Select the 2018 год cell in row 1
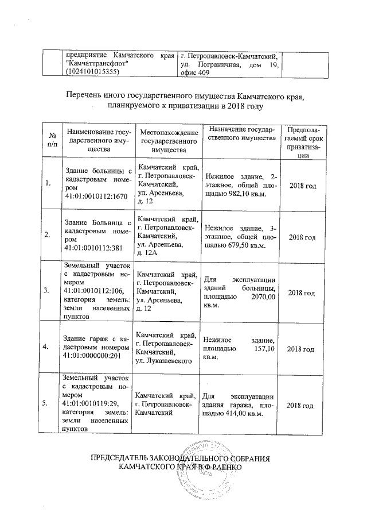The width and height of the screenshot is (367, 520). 301,187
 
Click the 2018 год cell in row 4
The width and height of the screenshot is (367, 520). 301,348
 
